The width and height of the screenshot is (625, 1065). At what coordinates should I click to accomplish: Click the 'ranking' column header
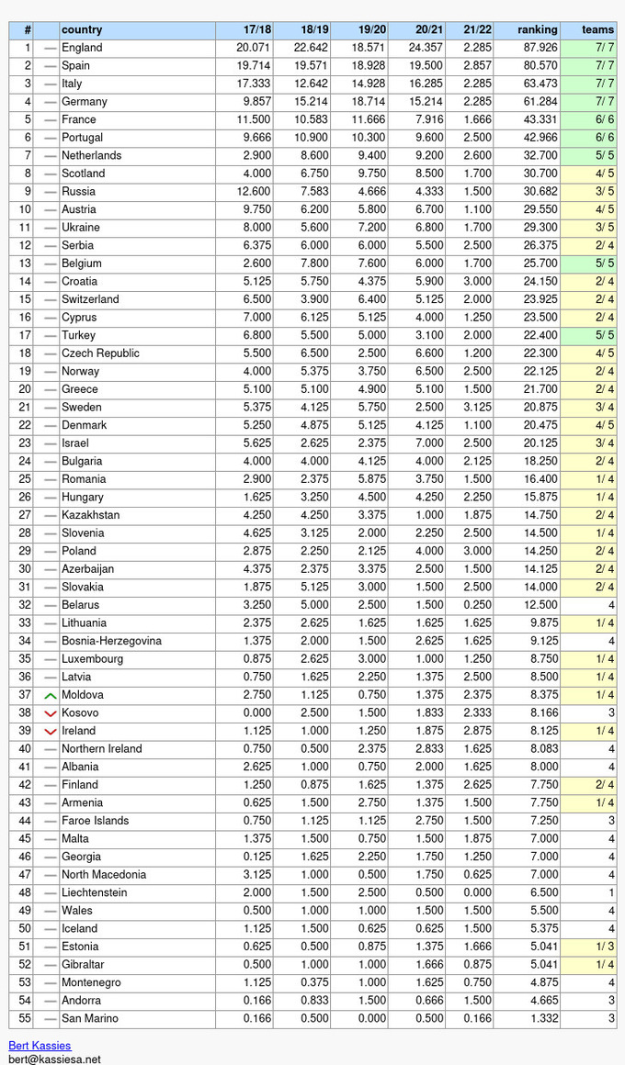click(537, 29)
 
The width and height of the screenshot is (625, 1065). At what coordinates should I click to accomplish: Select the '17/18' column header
click(256, 29)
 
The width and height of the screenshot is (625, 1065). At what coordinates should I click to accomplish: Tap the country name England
click(82, 48)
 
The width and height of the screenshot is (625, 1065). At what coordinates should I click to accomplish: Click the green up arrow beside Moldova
click(51, 695)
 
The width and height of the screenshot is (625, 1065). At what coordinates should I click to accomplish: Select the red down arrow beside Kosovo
click(51, 713)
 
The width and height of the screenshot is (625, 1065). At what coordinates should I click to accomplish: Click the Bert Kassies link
click(40, 1046)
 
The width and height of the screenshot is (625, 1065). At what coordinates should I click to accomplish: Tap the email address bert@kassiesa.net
click(54, 1059)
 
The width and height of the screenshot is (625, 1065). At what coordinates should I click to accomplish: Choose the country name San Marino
click(90, 1018)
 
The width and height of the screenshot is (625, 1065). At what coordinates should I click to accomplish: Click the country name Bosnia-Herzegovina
click(111, 641)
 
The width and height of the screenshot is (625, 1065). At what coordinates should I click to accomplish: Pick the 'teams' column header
click(597, 29)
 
